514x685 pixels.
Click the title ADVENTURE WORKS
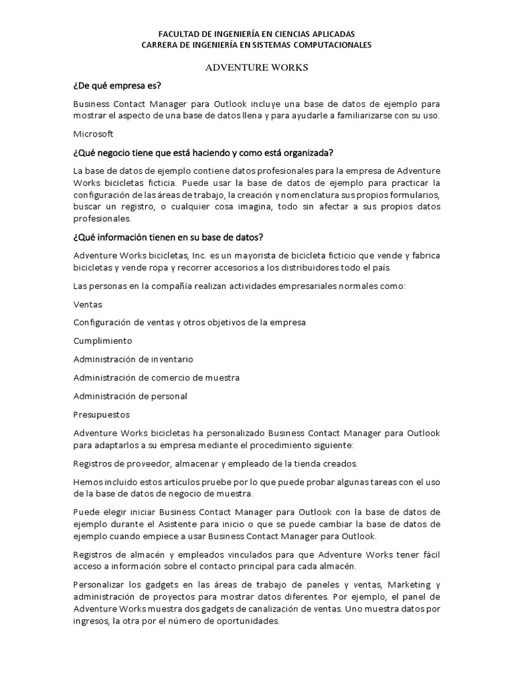(256, 68)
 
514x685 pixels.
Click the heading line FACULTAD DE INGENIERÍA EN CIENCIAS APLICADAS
(256, 33)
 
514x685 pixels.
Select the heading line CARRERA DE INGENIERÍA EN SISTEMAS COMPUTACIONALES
(257, 45)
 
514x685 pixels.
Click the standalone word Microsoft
(94, 133)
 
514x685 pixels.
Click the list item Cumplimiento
(102, 340)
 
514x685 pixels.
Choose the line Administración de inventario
(133, 359)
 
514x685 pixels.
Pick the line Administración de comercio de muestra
(157, 377)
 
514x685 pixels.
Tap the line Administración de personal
(130, 396)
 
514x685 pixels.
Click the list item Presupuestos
(102, 415)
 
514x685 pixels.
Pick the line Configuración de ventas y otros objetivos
(189, 322)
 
